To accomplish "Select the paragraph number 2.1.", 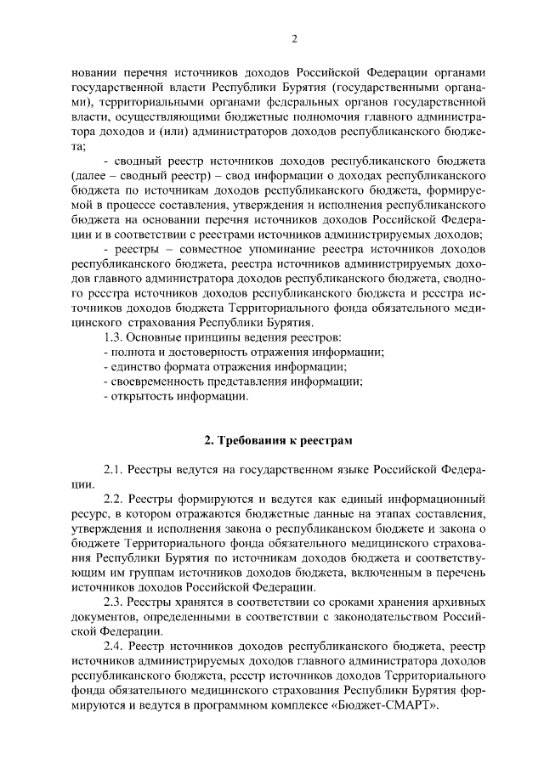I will click(115, 469).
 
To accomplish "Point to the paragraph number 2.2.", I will click(115, 499).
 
